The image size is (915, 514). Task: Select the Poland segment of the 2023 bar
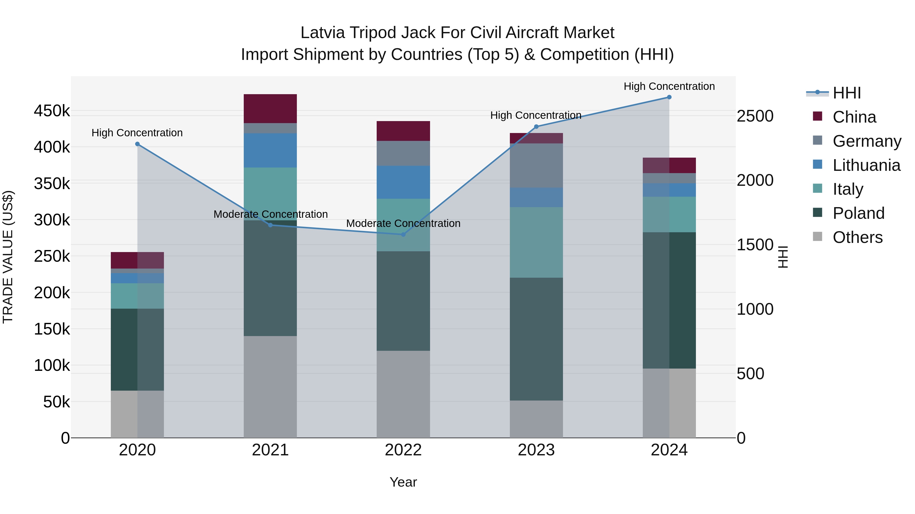click(536, 339)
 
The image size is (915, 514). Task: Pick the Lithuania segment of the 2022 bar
click(403, 182)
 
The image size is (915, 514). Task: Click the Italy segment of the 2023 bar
click(536, 242)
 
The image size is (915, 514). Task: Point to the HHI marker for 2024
click(669, 97)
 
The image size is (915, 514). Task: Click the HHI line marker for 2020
click(138, 144)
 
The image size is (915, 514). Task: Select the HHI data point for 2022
click(403, 235)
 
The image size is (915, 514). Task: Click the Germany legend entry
click(867, 141)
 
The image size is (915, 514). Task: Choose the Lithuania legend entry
click(866, 165)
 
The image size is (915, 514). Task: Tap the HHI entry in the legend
click(846, 93)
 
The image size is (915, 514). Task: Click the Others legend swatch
click(817, 237)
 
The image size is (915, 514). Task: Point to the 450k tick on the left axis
click(52, 111)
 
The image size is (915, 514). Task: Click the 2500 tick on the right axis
click(755, 116)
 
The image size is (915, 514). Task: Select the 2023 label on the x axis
click(536, 450)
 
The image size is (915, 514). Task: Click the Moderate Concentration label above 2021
click(270, 214)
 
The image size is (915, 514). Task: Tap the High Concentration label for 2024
click(669, 86)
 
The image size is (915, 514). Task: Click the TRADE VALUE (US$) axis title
click(8, 257)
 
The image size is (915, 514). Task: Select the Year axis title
click(403, 482)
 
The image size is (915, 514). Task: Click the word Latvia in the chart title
click(323, 33)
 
